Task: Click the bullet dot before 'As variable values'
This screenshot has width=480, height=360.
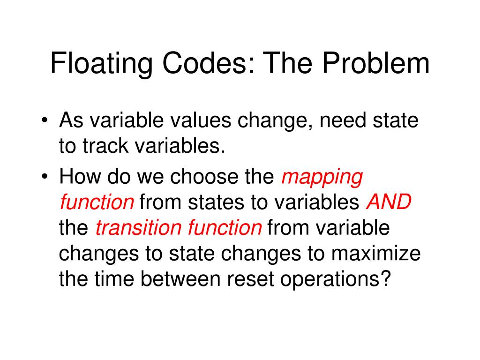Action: pos(44,122)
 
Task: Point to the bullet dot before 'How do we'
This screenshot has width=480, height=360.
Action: pos(44,178)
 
